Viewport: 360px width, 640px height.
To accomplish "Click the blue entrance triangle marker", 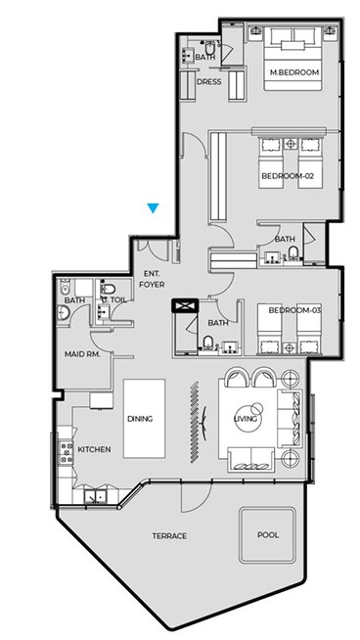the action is (x=153, y=208).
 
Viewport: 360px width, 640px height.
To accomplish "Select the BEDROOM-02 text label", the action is (x=288, y=176).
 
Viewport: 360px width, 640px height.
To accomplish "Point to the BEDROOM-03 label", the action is (x=294, y=310).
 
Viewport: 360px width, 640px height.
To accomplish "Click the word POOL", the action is (x=268, y=534).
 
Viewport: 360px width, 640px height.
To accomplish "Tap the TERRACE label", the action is (x=169, y=536).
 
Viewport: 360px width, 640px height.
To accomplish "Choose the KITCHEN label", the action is (x=94, y=449).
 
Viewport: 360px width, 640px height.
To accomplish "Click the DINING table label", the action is (x=140, y=419).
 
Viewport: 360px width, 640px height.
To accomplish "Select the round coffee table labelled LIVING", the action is (x=247, y=419).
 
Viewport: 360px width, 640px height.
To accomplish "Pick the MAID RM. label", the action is (x=82, y=354).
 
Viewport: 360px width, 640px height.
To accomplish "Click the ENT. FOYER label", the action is (x=152, y=279).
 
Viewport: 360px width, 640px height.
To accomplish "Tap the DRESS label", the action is (x=209, y=81).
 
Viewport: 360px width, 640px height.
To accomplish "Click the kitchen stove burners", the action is (x=67, y=453).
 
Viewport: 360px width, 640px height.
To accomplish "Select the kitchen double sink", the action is (x=95, y=496).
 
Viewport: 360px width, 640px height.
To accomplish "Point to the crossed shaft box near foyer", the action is (x=185, y=305).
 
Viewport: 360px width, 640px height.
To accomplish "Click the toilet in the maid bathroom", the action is (x=65, y=287).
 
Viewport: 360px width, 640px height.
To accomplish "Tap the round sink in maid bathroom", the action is (x=65, y=312).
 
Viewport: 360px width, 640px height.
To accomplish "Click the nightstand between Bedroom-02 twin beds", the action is (x=291, y=144).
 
